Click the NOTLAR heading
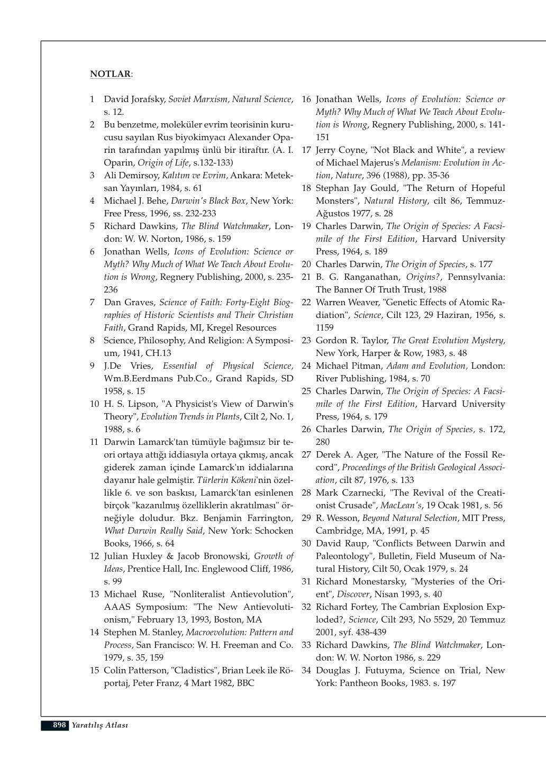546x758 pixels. pos(110,74)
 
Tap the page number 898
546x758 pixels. pos(59,725)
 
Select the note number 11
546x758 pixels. pos(94,442)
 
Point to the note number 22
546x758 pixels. pos(306,303)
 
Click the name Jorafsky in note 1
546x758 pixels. pos(148,99)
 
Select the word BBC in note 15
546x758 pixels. pos(245,683)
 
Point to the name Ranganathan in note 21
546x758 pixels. pos(371,277)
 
